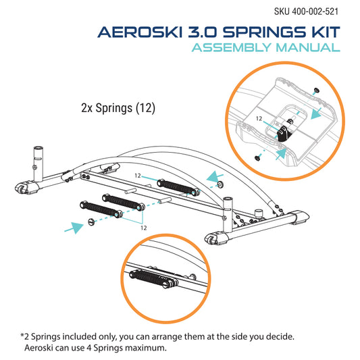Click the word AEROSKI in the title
point(140,32)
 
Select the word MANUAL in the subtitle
point(308,47)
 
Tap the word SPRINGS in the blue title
point(265,32)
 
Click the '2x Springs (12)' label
point(118,108)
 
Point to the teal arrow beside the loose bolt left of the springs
point(74,228)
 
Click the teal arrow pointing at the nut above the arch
point(215,177)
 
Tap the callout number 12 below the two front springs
point(144,228)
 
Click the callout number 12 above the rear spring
point(138,176)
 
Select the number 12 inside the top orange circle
point(259,118)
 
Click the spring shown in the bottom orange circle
point(153,279)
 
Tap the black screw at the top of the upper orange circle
point(317,91)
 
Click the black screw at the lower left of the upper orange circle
point(257,158)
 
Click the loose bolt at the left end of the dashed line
point(91,222)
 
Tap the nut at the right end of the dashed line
point(221,184)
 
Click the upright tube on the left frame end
point(38,164)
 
